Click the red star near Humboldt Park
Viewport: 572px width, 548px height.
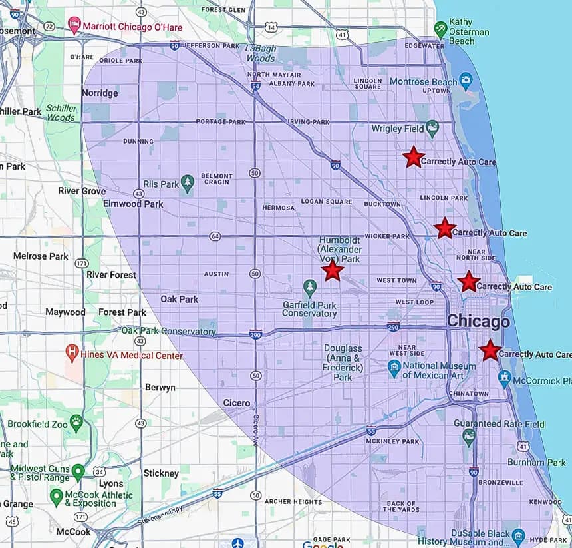(332, 270)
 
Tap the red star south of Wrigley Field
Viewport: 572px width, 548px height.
(413, 157)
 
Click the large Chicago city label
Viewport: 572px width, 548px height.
(478, 321)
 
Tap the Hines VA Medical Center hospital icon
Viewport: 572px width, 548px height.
(72, 351)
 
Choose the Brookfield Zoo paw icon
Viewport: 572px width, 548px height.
(77, 421)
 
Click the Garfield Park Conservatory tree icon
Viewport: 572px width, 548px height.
(309, 288)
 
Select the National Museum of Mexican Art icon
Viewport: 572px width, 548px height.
(394, 366)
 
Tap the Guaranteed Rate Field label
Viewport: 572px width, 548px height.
(499, 423)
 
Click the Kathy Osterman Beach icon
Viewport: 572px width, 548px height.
(440, 28)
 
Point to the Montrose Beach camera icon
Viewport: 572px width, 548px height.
(466, 82)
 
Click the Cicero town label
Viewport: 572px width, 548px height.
(237, 403)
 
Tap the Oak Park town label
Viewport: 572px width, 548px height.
(179, 299)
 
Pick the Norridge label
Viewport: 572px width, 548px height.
(100, 93)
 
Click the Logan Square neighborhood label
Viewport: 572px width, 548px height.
(326, 201)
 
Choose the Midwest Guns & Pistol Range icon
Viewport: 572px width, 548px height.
(78, 472)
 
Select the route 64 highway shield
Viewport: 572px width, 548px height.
(214, 236)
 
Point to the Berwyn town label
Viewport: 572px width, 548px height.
(160, 387)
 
